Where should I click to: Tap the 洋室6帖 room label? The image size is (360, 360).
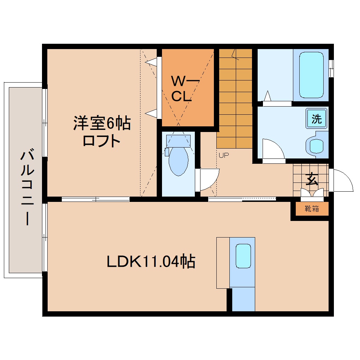(102, 123)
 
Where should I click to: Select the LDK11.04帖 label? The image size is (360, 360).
(151, 262)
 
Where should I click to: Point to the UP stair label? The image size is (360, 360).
(223, 155)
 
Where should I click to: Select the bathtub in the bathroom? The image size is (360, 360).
(311, 75)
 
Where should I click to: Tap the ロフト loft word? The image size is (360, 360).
(102, 141)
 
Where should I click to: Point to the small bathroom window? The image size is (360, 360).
(331, 68)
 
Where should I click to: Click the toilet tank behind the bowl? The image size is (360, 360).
(179, 141)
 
